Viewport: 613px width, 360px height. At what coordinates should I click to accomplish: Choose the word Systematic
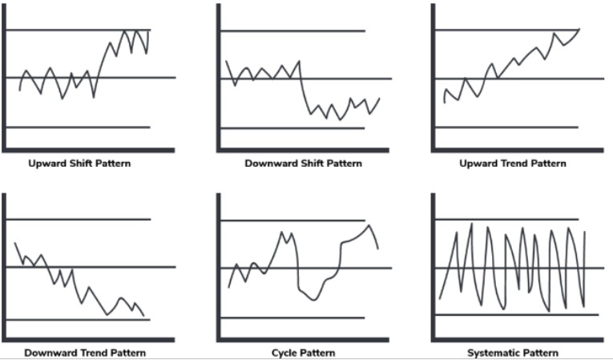point(491,353)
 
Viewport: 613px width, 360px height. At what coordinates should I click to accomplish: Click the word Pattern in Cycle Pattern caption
point(319,353)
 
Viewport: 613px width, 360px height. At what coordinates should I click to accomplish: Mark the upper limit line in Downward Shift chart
point(292,31)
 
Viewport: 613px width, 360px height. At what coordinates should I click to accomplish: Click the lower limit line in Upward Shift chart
point(79,127)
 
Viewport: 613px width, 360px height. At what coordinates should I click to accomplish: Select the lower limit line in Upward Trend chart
point(506,127)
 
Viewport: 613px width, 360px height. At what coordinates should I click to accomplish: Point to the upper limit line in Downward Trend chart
point(79,220)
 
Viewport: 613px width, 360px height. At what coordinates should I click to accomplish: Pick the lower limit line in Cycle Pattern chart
point(292,318)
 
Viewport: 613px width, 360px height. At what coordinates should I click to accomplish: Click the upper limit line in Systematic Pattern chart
point(506,220)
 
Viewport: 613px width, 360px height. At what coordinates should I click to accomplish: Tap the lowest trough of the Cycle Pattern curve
point(314,300)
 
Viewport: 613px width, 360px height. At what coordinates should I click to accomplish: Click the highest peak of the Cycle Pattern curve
point(369,225)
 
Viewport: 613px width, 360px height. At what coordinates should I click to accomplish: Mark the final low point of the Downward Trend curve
point(143,315)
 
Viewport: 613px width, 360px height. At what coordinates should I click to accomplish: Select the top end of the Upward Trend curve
point(579,29)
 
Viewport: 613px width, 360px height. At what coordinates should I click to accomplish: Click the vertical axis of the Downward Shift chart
point(219,78)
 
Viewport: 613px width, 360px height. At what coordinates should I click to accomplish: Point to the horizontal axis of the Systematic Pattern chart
point(517,340)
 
